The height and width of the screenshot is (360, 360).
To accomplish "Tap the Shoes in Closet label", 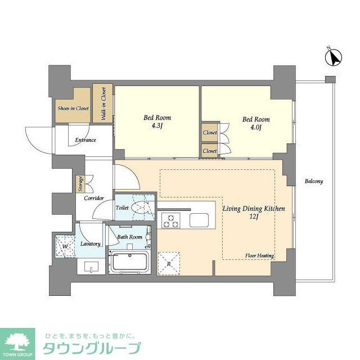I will tap(73, 108).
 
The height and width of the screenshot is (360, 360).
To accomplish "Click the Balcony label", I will tap(313, 181).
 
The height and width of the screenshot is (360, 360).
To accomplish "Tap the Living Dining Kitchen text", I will tap(253, 209).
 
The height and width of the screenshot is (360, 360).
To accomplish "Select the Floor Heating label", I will tap(259, 256).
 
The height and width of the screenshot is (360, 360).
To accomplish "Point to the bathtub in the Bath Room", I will tap(129, 263).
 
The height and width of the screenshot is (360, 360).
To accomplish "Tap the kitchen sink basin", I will tap(199, 220).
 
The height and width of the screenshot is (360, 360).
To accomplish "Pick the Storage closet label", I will tap(79, 184).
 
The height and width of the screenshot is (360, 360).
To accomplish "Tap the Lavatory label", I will tap(90, 244).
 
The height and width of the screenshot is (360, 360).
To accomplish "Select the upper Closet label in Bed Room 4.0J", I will tap(209, 133).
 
